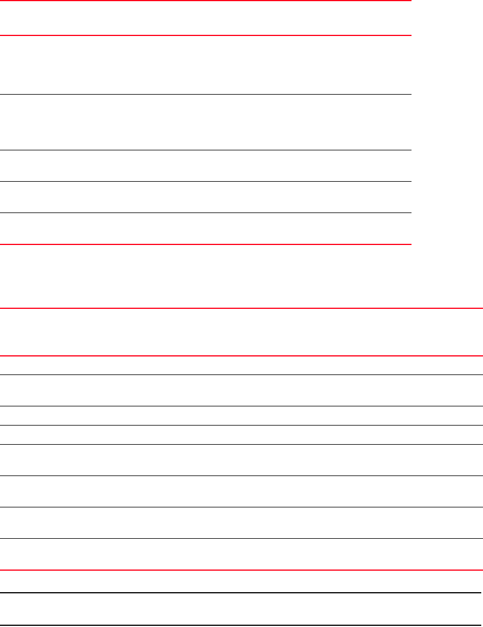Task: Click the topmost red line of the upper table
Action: point(205,1)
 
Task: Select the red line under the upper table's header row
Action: point(205,35)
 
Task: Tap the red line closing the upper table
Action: point(205,244)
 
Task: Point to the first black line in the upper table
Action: point(205,94)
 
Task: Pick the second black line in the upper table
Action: point(205,150)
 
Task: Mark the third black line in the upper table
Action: point(205,181)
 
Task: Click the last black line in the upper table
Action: point(205,212)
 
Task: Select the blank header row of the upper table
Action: point(205,18)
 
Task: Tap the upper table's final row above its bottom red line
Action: point(205,228)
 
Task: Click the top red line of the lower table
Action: point(241,308)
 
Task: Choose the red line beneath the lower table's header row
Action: point(241,356)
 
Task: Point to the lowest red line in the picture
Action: point(241,570)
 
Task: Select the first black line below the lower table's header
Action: point(241,374)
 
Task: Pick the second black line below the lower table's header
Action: point(241,406)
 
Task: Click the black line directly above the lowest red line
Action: point(241,538)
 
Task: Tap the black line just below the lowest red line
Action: point(241,593)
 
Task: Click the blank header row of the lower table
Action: point(241,332)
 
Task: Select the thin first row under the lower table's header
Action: point(241,365)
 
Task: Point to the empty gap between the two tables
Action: point(241,276)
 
